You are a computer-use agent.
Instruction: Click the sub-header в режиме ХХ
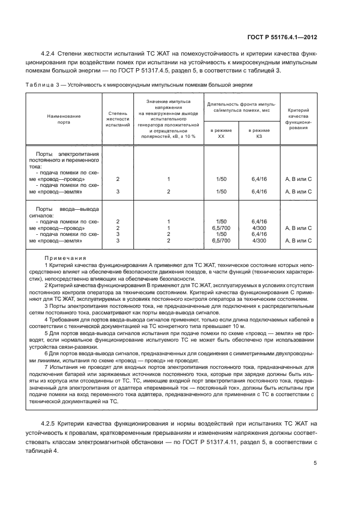221,133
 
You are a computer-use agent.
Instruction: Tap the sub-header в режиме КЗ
259,133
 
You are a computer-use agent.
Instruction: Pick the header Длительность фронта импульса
240,107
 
